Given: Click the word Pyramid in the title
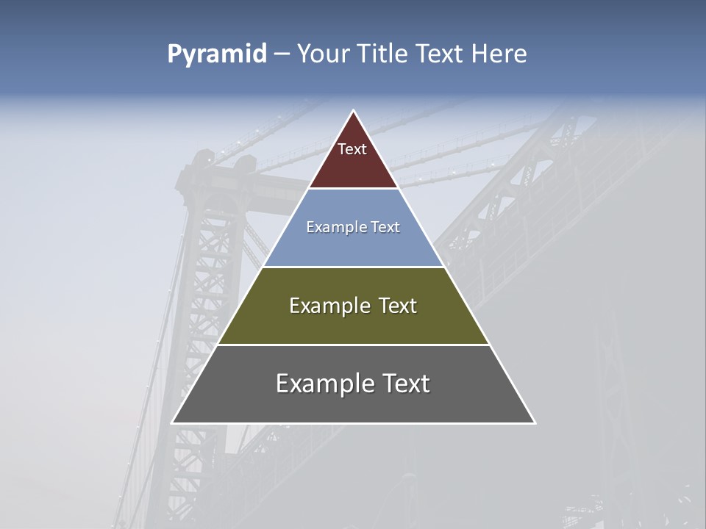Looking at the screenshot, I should [216, 54].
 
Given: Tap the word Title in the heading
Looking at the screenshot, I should [384, 54].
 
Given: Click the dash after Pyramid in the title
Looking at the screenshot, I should [282, 54].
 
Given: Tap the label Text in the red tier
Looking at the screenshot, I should [352, 150].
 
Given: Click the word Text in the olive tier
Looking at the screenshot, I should [397, 306].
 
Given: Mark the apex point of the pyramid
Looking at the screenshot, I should [354, 111].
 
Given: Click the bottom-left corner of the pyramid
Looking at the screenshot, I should [173, 422].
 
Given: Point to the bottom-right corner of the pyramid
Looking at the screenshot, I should [535, 422].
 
